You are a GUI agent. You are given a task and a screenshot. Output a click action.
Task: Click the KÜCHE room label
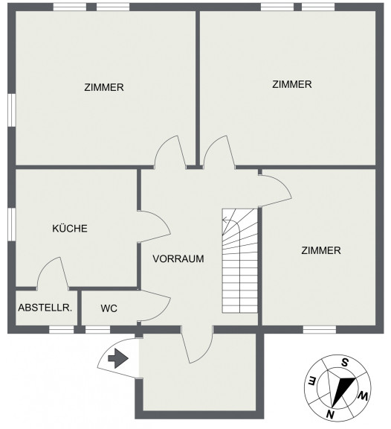pos(70,228)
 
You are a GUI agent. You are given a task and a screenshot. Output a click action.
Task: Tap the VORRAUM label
pos(178,258)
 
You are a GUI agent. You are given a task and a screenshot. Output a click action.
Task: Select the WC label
pos(109,308)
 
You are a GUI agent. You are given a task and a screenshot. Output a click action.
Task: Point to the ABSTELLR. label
pos(45,308)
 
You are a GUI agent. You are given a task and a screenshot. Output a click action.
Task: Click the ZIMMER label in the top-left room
pos(104,87)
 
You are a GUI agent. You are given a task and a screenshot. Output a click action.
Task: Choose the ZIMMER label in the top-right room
pos(292,84)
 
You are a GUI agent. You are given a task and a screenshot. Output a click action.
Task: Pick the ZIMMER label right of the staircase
pos(321,250)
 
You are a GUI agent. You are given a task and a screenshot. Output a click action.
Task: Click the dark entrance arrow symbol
pos(118,358)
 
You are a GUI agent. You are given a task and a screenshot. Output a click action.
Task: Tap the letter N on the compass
pos(330,415)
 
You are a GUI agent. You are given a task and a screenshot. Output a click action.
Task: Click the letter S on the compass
pos(345,363)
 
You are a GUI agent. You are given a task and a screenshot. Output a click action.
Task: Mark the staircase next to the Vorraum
pos(240,261)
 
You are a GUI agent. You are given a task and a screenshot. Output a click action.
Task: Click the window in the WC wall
pos(98,330)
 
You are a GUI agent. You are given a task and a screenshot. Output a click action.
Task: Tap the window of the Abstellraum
pos(61,330)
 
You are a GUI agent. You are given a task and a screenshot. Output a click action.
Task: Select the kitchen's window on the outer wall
pos(11,224)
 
